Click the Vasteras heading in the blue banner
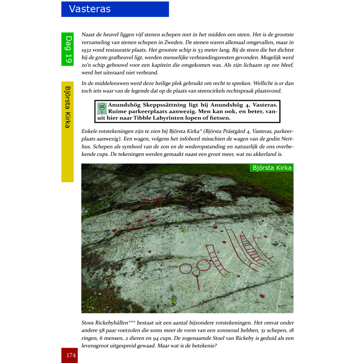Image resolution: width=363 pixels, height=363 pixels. coord(90,9)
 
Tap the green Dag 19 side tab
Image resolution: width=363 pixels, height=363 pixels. coord(68,49)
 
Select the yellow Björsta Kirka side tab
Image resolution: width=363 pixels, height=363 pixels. coord(68,107)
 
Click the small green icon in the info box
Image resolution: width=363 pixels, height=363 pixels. coord(102,108)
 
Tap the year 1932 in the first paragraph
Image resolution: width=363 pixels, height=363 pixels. coord(87,50)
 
